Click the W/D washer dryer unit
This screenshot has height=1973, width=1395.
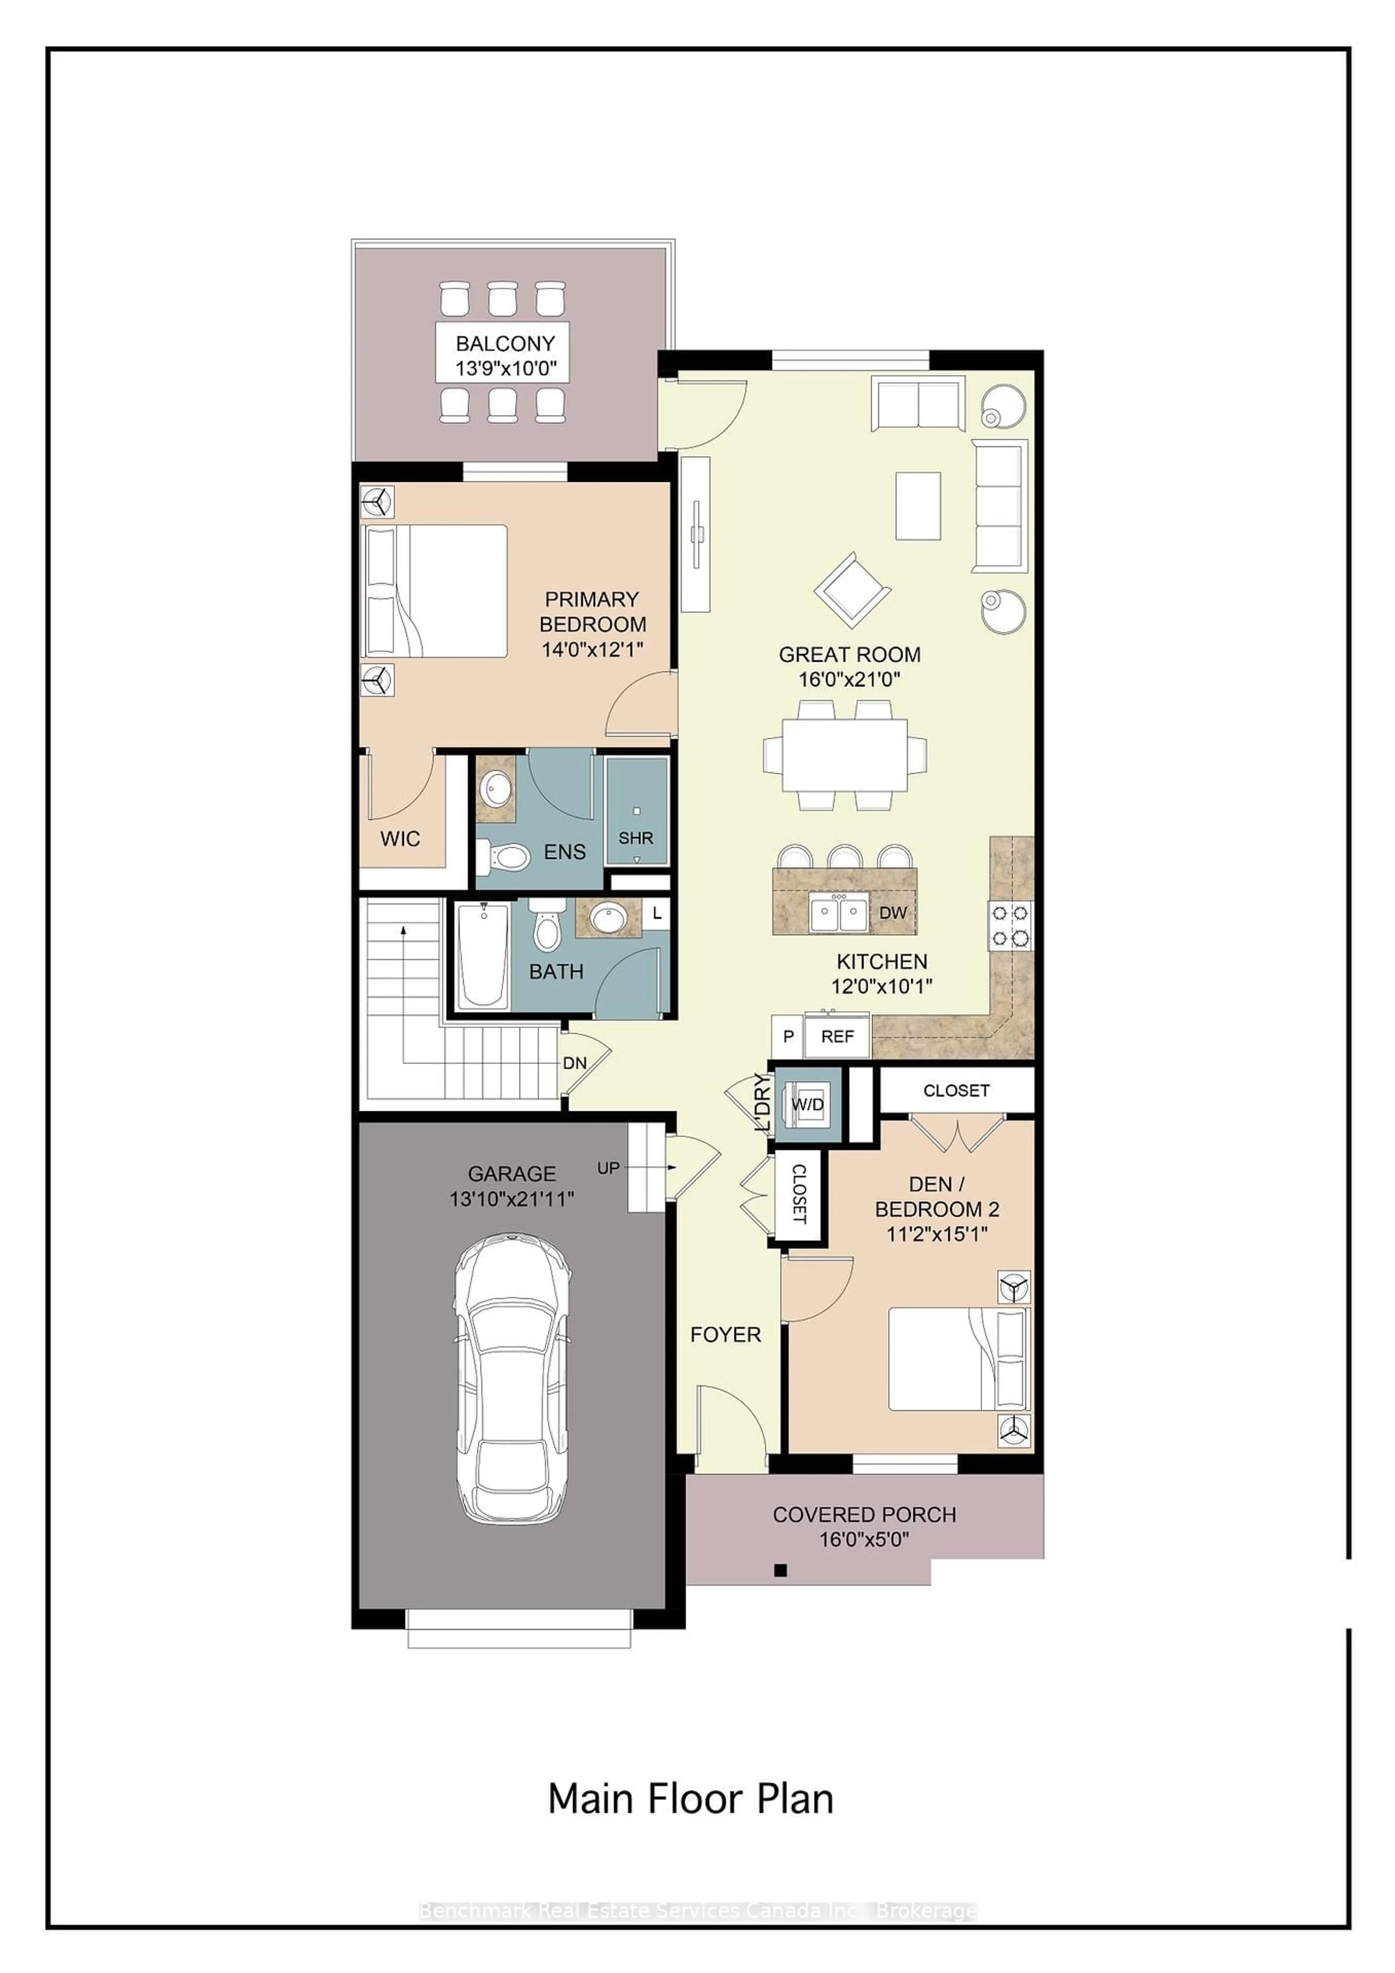pyautogui.click(x=807, y=1105)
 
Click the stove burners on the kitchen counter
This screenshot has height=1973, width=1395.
pyautogui.click(x=1011, y=925)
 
